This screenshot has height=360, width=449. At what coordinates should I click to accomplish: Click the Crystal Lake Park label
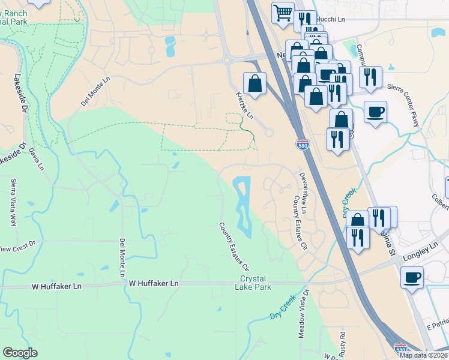coord(256,283)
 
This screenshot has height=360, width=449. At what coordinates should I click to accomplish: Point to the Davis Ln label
coord(37,158)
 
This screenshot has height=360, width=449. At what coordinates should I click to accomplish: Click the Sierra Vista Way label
coord(13,202)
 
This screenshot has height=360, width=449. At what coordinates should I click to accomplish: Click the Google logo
coord(20,353)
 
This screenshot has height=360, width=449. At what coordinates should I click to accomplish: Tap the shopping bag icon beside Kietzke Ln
coord(255,83)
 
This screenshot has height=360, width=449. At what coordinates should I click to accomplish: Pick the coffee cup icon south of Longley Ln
coord(412,277)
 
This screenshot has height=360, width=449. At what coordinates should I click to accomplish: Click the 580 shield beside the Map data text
coord(401,347)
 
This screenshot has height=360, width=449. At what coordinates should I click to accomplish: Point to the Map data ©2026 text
coord(424,355)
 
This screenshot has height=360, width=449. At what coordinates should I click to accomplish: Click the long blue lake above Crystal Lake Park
coord(243,204)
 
